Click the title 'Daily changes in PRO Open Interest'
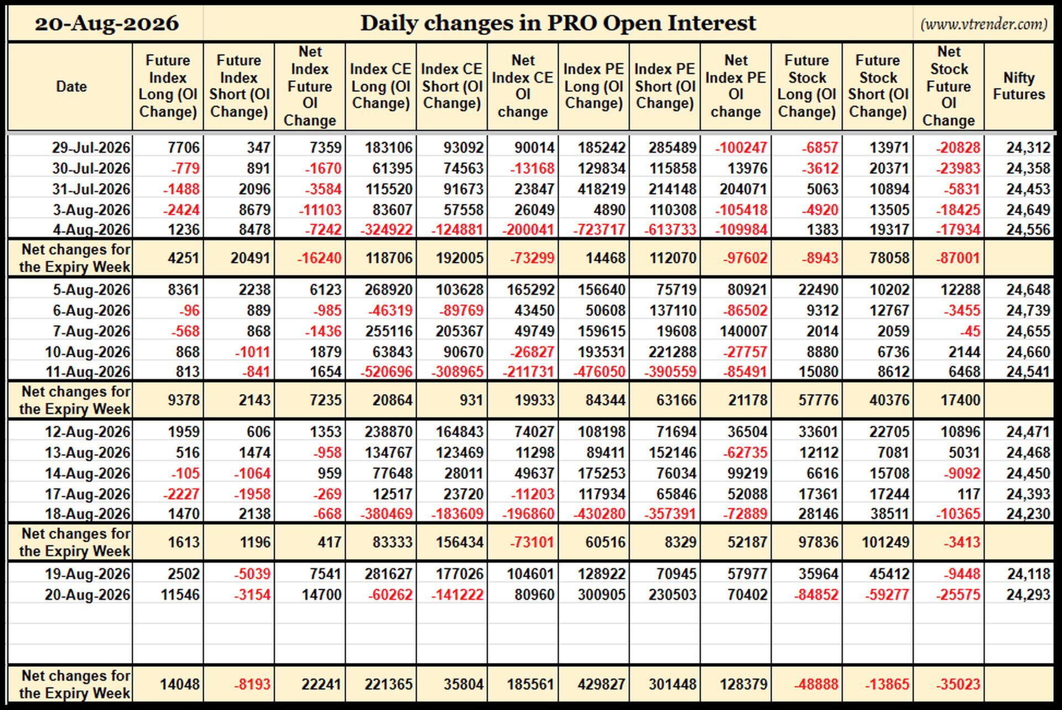[558, 23]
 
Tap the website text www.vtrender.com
[984, 24]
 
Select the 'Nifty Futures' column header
[1019, 86]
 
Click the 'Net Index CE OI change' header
[523, 86]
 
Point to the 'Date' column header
[71, 86]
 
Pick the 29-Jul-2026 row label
[91, 148]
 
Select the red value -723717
[594, 229]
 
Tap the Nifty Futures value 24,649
[1028, 210]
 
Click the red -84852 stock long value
[816, 595]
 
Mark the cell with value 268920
[389, 289]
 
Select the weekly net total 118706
[389, 258]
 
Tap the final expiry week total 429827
[602, 684]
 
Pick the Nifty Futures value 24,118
[1028, 574]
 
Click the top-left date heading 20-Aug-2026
[107, 23]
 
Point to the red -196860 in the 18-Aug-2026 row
[528, 514]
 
